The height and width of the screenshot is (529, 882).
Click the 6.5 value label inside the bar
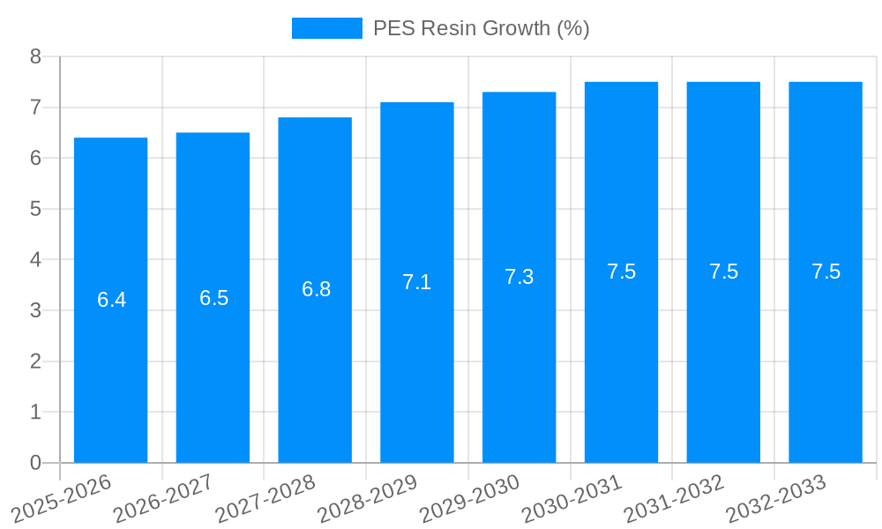[x=213, y=298]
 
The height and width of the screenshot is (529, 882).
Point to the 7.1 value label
[x=416, y=282]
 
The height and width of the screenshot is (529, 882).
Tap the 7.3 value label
[x=519, y=277]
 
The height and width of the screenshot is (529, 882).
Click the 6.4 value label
[x=111, y=300]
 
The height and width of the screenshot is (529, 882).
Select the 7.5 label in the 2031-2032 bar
[x=723, y=272]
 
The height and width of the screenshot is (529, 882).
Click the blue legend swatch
[x=326, y=28]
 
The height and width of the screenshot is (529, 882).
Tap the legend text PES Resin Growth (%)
[x=481, y=28]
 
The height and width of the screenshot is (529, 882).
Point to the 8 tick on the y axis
[x=35, y=56]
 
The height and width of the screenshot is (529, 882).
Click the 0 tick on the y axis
[x=35, y=463]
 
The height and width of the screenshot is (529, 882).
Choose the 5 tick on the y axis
[x=35, y=209]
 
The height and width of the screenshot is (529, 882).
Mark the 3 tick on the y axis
[x=35, y=310]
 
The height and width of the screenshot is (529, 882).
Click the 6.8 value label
[x=316, y=289]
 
